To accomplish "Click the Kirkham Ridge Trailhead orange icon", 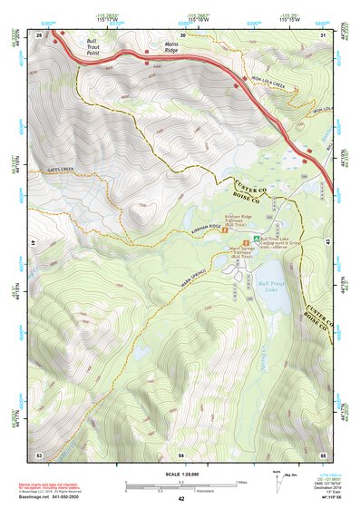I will pyautogui.click(x=226, y=230).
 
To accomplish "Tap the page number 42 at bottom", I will pyautogui.click(x=180, y=500).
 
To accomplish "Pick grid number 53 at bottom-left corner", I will pyautogui.click(x=39, y=454).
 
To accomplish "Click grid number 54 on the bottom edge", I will pyautogui.click(x=181, y=454).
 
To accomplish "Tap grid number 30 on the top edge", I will pyautogui.click(x=181, y=34).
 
